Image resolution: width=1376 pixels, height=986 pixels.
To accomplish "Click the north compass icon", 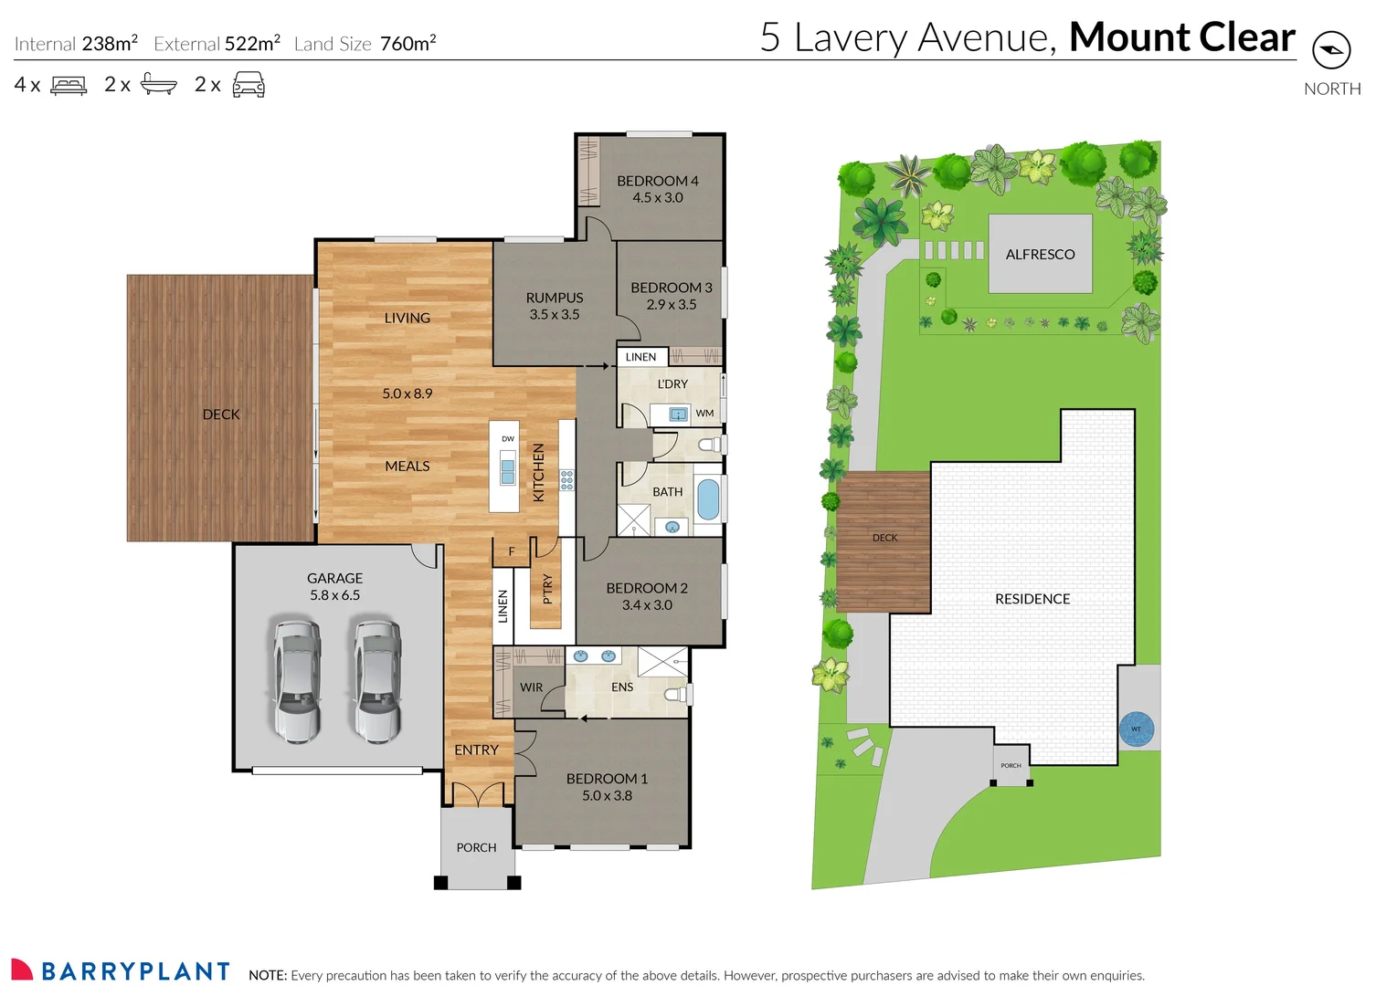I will (1330, 50).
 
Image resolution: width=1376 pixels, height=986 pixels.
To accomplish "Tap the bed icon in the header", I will (69, 85).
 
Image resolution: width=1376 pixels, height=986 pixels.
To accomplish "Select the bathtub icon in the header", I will (158, 85).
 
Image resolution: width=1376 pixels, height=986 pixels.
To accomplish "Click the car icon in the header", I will (249, 85).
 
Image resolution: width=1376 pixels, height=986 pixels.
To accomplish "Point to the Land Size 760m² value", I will (408, 44).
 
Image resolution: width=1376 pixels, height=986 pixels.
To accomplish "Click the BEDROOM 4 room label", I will (657, 181).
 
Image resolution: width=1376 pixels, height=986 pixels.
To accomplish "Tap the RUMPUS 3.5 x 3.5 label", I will (554, 306).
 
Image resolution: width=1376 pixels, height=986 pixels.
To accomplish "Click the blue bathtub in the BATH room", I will (708, 499).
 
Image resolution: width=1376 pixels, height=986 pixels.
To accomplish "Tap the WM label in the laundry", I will (704, 414).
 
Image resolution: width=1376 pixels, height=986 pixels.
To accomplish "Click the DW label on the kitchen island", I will (507, 439).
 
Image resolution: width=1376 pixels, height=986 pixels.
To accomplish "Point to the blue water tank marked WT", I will (1137, 729).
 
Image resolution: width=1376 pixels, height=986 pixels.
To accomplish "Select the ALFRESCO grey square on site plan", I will (1040, 254).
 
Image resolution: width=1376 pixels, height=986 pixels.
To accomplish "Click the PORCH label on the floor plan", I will (476, 847).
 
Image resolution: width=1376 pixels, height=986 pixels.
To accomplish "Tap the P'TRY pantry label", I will (547, 589).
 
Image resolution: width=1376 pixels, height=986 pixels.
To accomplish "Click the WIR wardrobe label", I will (531, 687).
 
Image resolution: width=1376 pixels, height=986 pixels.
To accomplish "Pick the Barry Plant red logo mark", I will (22, 970).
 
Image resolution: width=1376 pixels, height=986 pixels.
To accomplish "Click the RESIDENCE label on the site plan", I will (1032, 599).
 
